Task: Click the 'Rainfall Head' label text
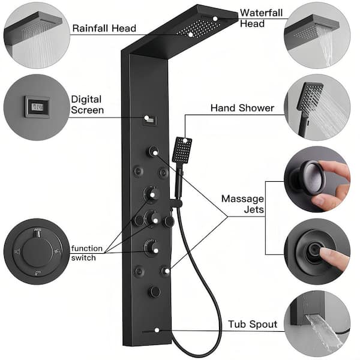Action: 104,28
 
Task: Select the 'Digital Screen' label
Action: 87,104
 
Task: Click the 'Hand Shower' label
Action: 242,108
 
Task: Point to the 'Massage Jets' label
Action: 243,204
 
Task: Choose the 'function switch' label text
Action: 86,253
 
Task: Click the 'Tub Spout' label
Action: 253,325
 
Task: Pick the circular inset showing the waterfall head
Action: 317,34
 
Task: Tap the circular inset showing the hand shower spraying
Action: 317,107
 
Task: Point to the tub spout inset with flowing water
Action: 317,324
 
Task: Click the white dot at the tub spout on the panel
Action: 157,331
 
